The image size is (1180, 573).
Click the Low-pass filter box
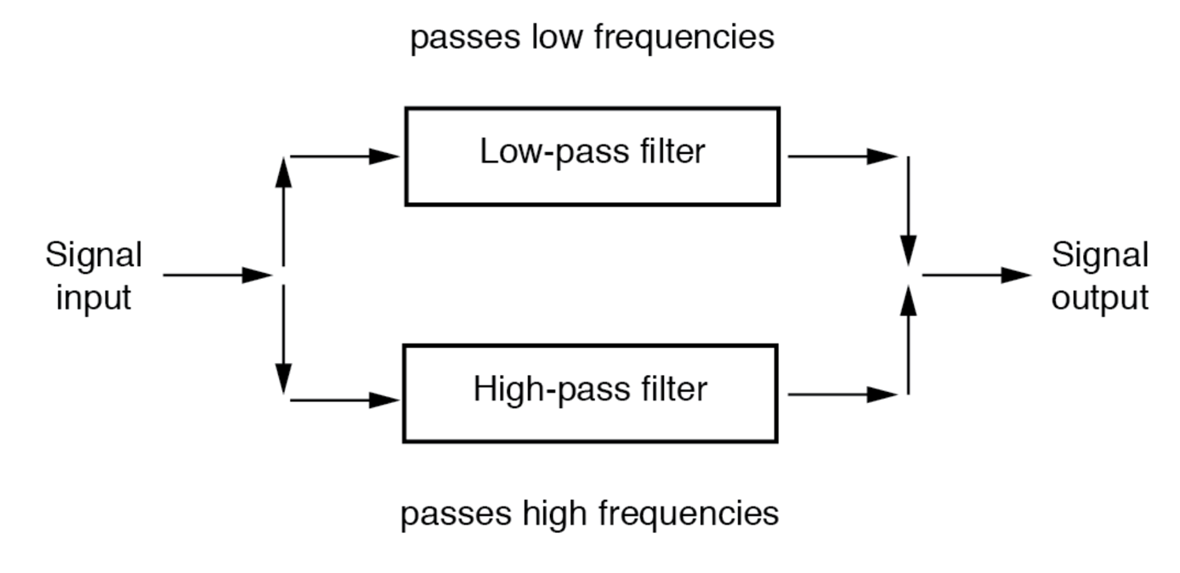pyautogui.click(x=592, y=156)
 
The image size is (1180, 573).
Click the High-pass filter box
pyautogui.click(x=589, y=393)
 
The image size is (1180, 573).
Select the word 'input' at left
pyautogui.click(x=94, y=298)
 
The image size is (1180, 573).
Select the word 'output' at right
pyautogui.click(x=1100, y=298)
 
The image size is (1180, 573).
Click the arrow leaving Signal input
pyautogui.click(x=216, y=275)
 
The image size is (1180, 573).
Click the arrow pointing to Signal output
pyautogui.click(x=976, y=275)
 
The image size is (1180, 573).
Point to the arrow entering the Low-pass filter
pyautogui.click(x=343, y=156)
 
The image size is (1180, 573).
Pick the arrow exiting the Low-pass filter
pyautogui.click(x=842, y=156)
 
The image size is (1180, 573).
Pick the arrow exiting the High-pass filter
pyautogui.click(x=842, y=394)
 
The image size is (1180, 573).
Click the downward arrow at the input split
pyautogui.click(x=284, y=340)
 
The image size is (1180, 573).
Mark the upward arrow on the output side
pyautogui.click(x=910, y=340)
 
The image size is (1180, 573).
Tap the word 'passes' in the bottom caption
pyautogui.click(x=452, y=513)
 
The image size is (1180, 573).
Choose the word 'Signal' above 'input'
pyautogui.click(x=94, y=255)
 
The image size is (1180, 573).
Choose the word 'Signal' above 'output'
pyautogui.click(x=1100, y=255)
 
